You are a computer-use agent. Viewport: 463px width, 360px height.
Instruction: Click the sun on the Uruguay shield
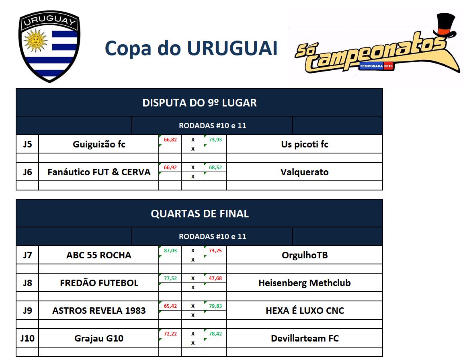tap(35, 40)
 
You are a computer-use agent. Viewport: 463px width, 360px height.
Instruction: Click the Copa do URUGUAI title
tap(191, 48)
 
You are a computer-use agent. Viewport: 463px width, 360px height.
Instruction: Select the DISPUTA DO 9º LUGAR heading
tap(199, 103)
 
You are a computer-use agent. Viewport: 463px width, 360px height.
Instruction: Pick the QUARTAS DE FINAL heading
tap(199, 214)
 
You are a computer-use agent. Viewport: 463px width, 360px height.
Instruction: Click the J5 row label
tap(27, 144)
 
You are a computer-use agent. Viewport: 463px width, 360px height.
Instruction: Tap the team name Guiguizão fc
tap(99, 144)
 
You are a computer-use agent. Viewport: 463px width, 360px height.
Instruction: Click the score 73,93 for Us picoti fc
tap(215, 140)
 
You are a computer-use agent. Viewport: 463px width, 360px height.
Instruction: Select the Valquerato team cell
tap(304, 172)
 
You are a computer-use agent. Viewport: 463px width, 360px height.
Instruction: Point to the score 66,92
tap(170, 168)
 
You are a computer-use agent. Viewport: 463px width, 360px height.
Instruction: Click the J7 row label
tap(27, 255)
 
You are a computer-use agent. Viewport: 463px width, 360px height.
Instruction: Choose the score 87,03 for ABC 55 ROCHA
tap(170, 251)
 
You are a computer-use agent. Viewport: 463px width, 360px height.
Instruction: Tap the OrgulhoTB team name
tap(304, 255)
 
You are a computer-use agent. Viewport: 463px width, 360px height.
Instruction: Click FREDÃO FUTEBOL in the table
tap(99, 283)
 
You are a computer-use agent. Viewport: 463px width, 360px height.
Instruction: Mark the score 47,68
tap(215, 278)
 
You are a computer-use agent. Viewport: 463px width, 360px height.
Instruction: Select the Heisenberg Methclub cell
tap(304, 283)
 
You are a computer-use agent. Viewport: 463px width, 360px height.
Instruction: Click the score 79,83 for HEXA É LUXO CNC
tap(215, 306)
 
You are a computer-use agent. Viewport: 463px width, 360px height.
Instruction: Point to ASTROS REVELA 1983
tap(99, 311)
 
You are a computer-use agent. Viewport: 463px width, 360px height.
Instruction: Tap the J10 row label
tap(27, 338)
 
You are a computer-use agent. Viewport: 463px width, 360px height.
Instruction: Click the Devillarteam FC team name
tap(304, 338)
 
